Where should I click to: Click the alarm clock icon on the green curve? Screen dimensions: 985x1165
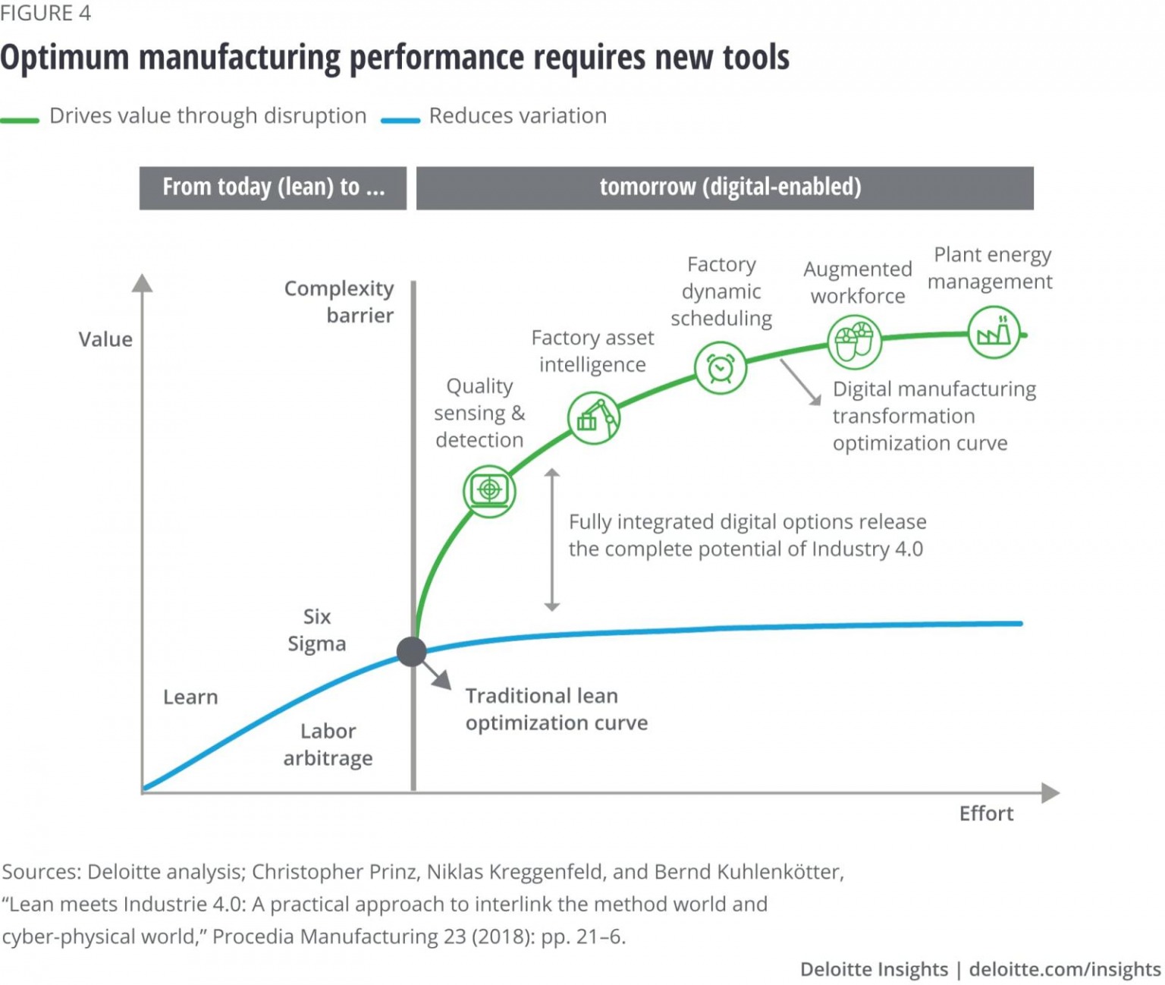pyautogui.click(x=720, y=368)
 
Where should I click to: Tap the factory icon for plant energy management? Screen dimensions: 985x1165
pyautogui.click(x=994, y=332)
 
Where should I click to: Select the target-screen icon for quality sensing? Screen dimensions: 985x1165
pyautogui.click(x=489, y=490)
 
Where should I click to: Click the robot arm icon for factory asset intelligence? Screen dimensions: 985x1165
pyautogui.click(x=593, y=417)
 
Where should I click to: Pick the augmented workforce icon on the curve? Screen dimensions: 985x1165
pyautogui.click(x=854, y=342)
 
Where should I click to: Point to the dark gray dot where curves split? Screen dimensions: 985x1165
pyautogui.click(x=412, y=651)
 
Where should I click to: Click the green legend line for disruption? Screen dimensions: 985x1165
pyautogui.click(x=20, y=120)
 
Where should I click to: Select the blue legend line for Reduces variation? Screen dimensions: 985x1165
pyautogui.click(x=400, y=120)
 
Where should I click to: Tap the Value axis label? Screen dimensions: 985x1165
pyautogui.click(x=105, y=339)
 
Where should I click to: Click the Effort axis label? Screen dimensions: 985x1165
pyautogui.click(x=986, y=813)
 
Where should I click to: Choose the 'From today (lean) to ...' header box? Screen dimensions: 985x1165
pyautogui.click(x=273, y=187)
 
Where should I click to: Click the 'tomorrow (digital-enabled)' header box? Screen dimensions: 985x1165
pyautogui.click(x=724, y=187)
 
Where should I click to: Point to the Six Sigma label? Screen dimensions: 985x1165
pyautogui.click(x=317, y=630)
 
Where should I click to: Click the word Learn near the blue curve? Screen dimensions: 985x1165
pyautogui.click(x=190, y=697)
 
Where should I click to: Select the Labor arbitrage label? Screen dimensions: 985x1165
pyautogui.click(x=328, y=744)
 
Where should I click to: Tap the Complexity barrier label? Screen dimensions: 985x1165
pyautogui.click(x=339, y=301)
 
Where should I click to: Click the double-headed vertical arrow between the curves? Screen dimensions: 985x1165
pyautogui.click(x=552, y=540)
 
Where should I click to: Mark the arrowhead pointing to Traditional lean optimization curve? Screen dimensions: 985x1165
pyautogui.click(x=442, y=680)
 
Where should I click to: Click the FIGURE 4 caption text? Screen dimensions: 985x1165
pyautogui.click(x=46, y=14)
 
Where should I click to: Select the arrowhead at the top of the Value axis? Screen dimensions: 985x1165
pyautogui.click(x=142, y=283)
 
